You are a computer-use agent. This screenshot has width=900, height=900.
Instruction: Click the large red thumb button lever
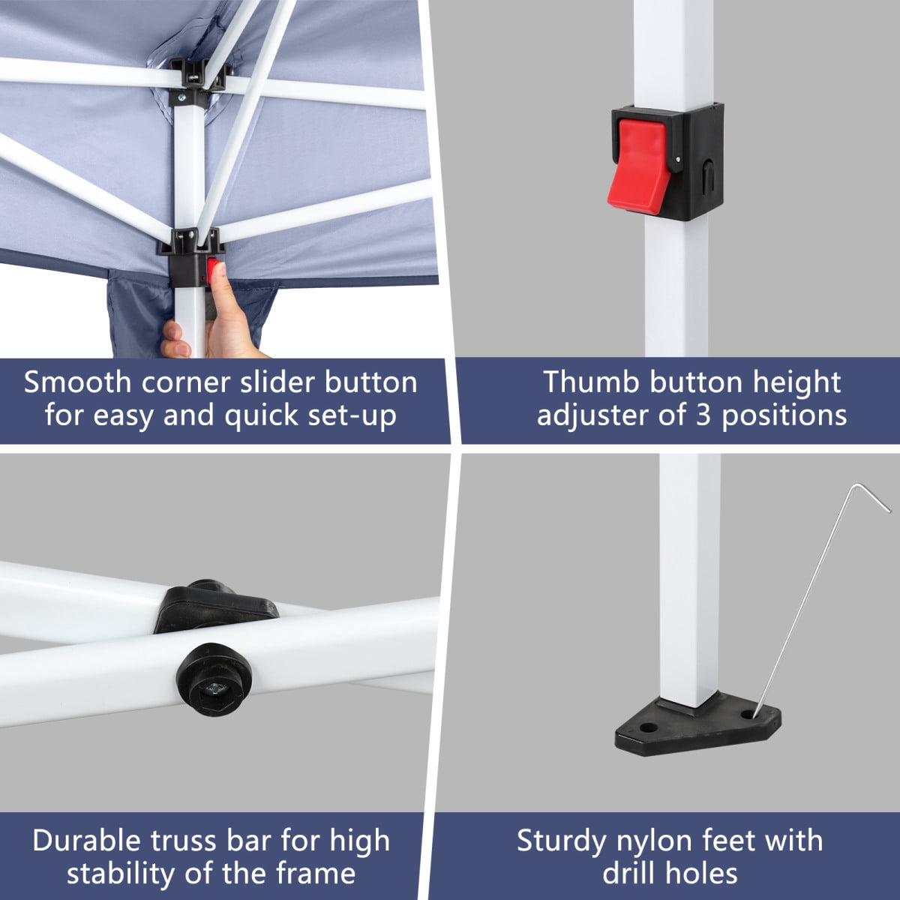(x=639, y=165)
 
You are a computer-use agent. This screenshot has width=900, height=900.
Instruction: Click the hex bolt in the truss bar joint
(x=215, y=689)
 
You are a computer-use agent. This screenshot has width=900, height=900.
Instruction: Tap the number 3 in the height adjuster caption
(x=703, y=415)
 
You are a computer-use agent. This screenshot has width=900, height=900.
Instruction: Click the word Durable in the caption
(x=86, y=841)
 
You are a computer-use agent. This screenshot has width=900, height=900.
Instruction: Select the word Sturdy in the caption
(x=562, y=841)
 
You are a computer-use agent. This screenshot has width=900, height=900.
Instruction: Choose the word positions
(x=784, y=416)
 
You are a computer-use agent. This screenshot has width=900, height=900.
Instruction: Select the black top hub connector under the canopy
(x=197, y=76)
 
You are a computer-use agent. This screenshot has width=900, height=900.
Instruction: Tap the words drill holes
(x=670, y=874)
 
